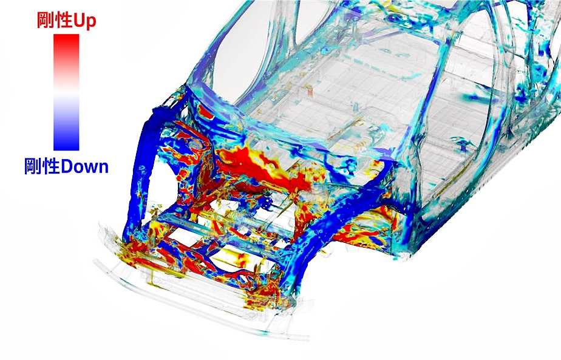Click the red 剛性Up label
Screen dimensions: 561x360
click(67, 21)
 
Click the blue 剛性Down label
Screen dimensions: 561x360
click(66, 166)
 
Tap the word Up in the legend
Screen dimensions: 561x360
click(85, 21)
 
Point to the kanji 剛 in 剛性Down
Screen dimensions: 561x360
click(33, 166)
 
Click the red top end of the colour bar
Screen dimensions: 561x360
click(66, 36)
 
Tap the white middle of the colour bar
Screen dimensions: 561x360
click(66, 92)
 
